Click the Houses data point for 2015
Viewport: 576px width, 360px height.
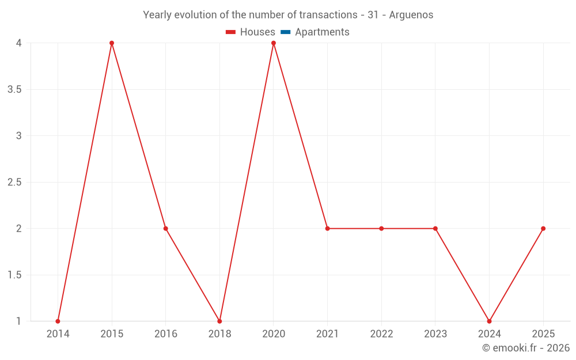[112, 43]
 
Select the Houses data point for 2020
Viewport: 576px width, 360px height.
[274, 43]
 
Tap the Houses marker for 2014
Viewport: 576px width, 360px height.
[58, 321]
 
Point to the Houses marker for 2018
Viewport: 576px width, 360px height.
[219, 321]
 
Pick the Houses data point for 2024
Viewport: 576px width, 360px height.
[489, 321]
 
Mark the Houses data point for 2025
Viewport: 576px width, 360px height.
[543, 229]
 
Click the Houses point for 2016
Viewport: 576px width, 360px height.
[166, 229]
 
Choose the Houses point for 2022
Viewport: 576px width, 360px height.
[381, 229]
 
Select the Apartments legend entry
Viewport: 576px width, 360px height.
[322, 32]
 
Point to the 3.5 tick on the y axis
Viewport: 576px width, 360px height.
[14, 90]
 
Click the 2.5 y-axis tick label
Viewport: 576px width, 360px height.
[14, 183]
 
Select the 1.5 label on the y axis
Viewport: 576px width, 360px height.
[14, 275]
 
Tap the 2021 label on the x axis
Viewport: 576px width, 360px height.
[327, 334]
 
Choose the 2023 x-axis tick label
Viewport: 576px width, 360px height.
[435, 334]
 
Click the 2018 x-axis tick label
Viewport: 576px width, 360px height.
[219, 334]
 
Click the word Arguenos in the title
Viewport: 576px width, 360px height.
[411, 15]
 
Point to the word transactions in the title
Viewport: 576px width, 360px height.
[327, 15]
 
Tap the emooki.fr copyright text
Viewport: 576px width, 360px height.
[526, 348]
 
